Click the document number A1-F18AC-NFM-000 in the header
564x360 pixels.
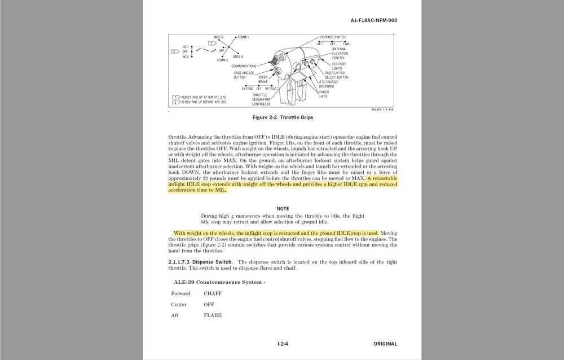point(373,20)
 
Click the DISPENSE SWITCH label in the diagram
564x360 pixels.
point(333,37)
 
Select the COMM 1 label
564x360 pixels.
point(243,37)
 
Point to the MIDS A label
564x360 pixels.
point(238,56)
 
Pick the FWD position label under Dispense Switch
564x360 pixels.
point(346,43)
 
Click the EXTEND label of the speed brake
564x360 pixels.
point(247,89)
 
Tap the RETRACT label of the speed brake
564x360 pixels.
point(272,89)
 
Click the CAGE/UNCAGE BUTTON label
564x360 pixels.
point(244,75)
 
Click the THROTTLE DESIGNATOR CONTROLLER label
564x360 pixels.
point(261,99)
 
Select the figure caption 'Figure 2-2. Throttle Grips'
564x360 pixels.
point(283,117)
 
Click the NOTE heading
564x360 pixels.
point(283,209)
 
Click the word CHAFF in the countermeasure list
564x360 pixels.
point(213,293)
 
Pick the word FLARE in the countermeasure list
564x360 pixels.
point(213,315)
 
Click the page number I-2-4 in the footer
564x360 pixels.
point(283,344)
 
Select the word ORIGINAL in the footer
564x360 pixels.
point(385,344)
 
